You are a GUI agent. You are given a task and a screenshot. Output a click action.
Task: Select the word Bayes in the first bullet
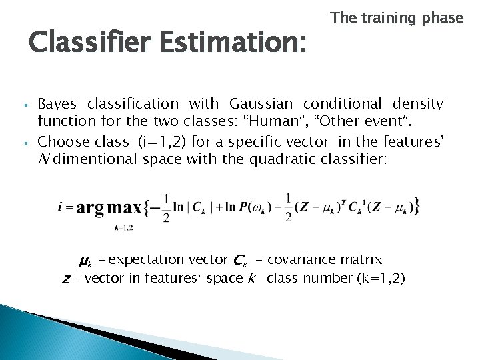57,104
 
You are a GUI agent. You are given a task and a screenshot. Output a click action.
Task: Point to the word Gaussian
262,104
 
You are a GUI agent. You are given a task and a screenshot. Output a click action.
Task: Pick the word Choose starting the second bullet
61,141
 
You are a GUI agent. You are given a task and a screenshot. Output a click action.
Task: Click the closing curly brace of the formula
416,206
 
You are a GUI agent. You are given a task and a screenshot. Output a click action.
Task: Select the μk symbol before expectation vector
85,260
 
